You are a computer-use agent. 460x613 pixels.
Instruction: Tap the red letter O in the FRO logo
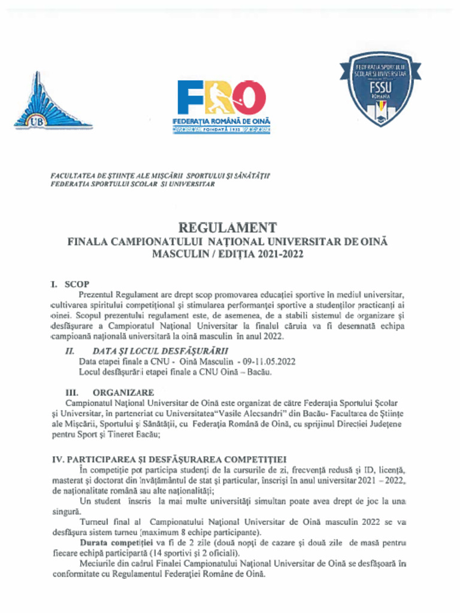pyautogui.click(x=249, y=98)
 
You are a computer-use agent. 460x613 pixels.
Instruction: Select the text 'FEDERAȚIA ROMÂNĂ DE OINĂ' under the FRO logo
pyautogui.click(x=222, y=122)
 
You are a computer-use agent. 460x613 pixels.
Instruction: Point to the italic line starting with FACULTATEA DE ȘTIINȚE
pyautogui.click(x=160, y=176)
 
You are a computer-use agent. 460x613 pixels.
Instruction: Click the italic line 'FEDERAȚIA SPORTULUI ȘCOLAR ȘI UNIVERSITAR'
pyautogui.click(x=132, y=184)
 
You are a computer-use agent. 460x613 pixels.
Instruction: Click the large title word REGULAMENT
pyautogui.click(x=228, y=228)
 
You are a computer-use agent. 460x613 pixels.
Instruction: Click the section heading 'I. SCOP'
pyautogui.click(x=69, y=284)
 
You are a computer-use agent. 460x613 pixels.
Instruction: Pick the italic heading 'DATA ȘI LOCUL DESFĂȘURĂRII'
pyautogui.click(x=160, y=351)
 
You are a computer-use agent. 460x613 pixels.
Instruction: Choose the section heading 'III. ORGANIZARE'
pyautogui.click(x=110, y=392)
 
